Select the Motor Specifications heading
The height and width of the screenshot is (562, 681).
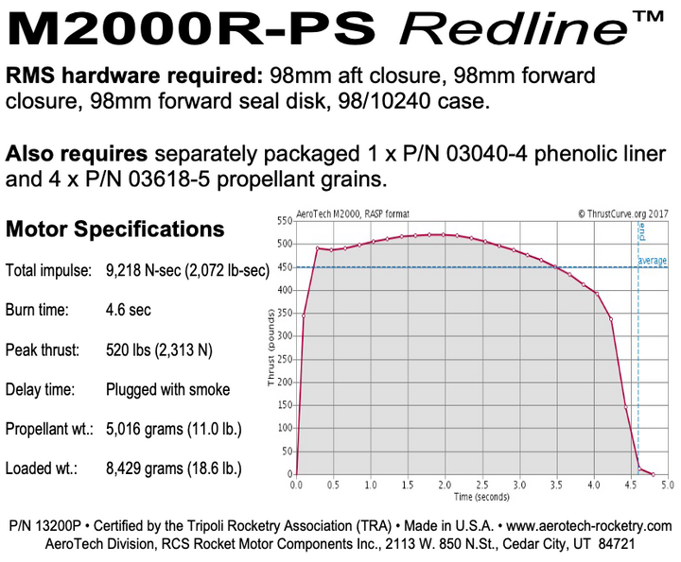click(115, 230)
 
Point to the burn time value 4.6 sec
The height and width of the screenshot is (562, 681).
click(129, 310)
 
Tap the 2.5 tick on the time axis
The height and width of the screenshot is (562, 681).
click(481, 485)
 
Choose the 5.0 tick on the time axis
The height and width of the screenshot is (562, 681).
click(666, 485)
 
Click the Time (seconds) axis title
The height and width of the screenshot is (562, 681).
click(482, 496)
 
